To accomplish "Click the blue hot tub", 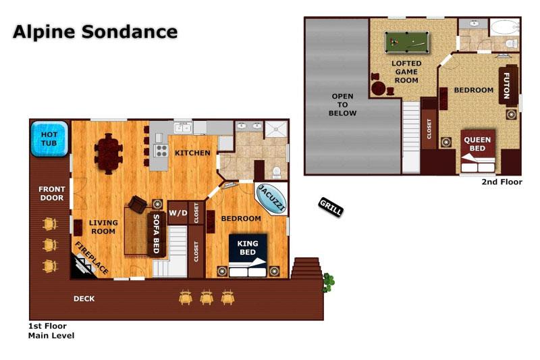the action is [x=49, y=139].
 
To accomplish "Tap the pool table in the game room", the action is [x=407, y=42].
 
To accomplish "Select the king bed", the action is [x=248, y=255].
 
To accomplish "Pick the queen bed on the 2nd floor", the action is [x=478, y=151].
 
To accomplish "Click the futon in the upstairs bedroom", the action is [x=508, y=84].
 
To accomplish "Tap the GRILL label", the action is [x=331, y=207].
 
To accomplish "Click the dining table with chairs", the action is [x=109, y=153].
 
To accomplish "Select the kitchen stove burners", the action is [x=161, y=151].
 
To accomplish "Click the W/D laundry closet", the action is [x=178, y=213].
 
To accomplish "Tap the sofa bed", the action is [x=157, y=234].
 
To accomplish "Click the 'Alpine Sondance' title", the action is [x=95, y=32].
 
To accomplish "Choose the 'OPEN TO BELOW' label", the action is [x=342, y=105].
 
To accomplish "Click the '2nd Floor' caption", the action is [x=502, y=182].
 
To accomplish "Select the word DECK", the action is [x=84, y=299].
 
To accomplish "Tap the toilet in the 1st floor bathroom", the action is [x=276, y=172].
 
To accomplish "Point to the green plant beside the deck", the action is [x=328, y=282].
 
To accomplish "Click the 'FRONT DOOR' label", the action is [x=52, y=194].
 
